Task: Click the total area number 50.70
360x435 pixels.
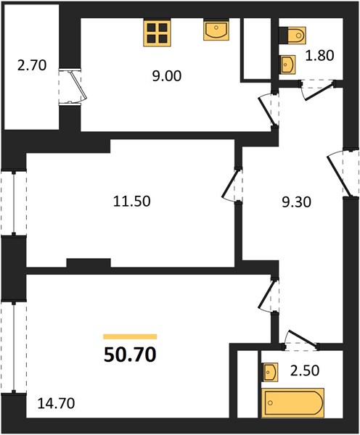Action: (130, 355)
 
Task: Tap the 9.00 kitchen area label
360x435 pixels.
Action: (167, 76)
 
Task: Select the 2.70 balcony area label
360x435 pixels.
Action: (32, 66)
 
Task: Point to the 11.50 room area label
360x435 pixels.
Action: (131, 201)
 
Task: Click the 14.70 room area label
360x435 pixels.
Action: (56, 403)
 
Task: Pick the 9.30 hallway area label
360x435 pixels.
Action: (296, 202)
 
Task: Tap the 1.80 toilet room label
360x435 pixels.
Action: (319, 56)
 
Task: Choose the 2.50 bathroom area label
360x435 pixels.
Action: (305, 370)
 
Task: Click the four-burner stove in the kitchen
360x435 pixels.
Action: (157, 32)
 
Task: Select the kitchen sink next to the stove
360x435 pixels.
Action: (216, 30)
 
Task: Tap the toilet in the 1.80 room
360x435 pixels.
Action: (292, 36)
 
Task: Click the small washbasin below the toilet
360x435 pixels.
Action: (287, 65)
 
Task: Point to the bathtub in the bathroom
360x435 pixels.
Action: (292, 402)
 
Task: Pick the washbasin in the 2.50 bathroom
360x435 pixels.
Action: (270, 371)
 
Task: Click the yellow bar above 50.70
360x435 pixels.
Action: (130, 337)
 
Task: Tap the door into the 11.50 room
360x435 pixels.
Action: (232, 184)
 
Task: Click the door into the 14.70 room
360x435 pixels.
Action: (269, 294)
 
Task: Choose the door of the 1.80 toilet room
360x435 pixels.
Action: (317, 90)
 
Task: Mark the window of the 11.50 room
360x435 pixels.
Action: (14, 202)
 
